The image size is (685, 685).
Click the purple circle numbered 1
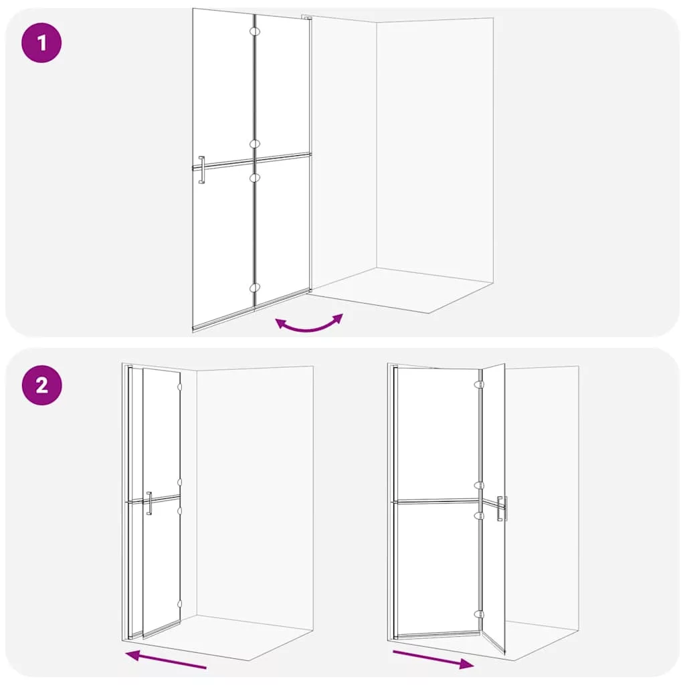tap(41, 43)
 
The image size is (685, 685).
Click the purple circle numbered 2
tap(41, 385)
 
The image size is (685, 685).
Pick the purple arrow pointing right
tap(433, 660)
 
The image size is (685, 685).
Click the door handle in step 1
tap(201, 169)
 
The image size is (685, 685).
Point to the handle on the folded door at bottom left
tap(149, 503)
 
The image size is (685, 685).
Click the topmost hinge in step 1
tap(255, 31)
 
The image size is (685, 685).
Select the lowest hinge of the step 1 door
tap(255, 288)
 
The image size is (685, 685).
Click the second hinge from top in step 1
tap(255, 144)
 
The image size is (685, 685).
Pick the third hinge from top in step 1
tap(255, 177)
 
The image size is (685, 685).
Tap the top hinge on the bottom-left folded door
tap(179, 387)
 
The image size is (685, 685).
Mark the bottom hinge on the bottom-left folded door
tap(179, 604)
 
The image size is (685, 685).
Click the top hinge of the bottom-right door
tap(479, 385)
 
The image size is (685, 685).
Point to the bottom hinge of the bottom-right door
tap(479, 614)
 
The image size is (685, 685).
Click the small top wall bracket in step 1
tap(306, 18)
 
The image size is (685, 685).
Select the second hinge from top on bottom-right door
tap(479, 486)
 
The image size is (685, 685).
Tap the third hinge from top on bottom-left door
tap(179, 510)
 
